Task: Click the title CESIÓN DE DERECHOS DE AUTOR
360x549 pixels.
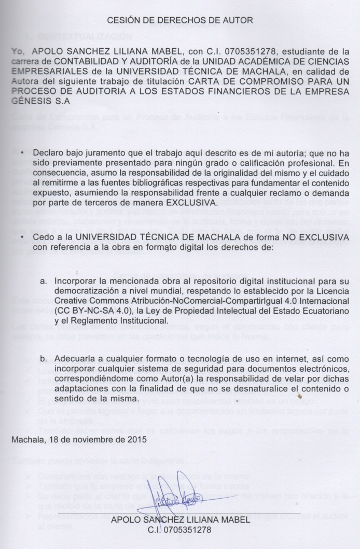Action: pos(179,21)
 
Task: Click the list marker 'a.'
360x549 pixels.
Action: pos(44,280)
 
